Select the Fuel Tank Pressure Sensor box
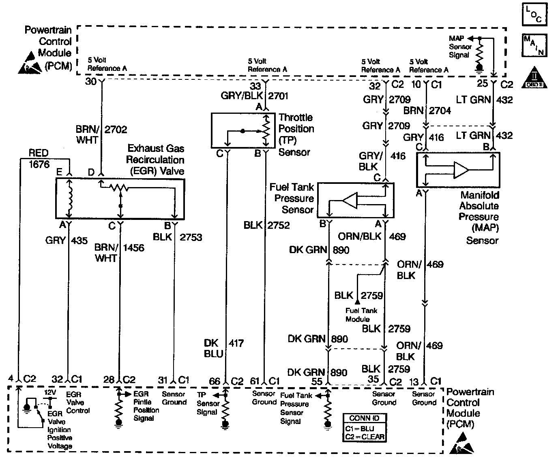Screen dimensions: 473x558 (x=356, y=200)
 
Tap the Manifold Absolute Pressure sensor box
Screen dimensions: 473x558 (x=458, y=170)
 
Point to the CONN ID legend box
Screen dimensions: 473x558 (x=364, y=428)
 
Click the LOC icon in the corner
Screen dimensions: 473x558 (x=534, y=15)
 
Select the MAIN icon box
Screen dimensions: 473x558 (x=534, y=45)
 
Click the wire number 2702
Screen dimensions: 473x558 (x=116, y=130)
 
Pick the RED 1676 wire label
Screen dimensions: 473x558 (x=39, y=158)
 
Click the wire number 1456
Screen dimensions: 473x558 (x=133, y=247)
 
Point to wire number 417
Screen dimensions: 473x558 (x=236, y=343)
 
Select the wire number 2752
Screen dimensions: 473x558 (x=278, y=225)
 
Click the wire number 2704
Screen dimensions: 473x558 (x=440, y=111)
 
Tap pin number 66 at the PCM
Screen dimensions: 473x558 (x=214, y=381)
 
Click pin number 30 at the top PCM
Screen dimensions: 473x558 (x=91, y=81)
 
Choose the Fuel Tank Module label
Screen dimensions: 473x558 (x=361, y=315)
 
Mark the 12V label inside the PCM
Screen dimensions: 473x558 (x=50, y=393)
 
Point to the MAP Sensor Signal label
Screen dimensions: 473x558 (x=459, y=47)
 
